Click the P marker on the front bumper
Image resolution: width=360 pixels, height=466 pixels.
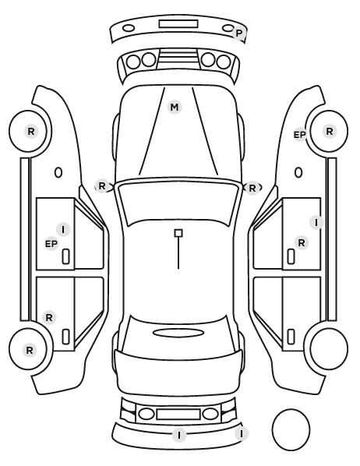238,34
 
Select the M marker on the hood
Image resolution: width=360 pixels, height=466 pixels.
175,107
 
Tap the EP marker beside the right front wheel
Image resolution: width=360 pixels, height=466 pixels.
300,135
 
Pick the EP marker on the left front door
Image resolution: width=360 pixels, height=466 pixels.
51,244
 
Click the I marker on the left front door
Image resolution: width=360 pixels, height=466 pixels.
63,229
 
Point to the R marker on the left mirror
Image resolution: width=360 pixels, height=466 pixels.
102,186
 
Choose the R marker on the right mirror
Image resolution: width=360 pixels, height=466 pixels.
252,188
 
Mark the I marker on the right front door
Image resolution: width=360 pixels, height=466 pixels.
316,222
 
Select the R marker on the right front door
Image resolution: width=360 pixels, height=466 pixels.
302,243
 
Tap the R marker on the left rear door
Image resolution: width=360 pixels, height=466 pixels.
49,317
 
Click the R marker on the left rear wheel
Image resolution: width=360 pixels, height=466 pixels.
30,351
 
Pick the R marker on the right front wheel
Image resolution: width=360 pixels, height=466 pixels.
330,132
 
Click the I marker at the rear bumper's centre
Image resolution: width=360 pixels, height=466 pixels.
179,436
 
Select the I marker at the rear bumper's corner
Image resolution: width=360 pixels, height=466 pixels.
241,434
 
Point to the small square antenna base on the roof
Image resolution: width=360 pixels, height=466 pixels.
178,233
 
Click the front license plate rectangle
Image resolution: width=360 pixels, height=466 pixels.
178,24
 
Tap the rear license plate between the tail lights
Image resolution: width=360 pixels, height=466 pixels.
178,415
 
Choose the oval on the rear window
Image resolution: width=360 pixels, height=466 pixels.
178,333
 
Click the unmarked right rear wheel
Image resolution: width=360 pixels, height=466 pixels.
329,348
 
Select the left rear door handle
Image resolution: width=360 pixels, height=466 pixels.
65,337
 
